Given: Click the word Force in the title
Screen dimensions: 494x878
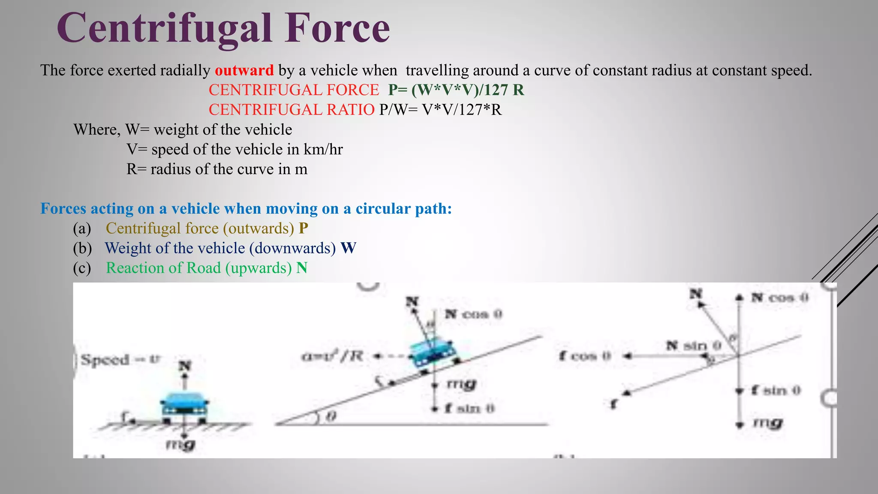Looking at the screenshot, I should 337,28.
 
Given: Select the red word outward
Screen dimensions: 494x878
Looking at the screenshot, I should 244,70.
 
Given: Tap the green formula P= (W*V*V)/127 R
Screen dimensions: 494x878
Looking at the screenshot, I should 456,90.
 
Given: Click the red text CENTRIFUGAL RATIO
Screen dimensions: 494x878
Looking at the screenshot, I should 292,110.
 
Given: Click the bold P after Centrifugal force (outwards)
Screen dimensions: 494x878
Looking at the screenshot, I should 303,228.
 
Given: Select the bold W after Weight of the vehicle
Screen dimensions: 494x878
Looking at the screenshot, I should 348,248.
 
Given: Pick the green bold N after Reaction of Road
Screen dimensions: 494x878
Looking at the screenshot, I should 302,268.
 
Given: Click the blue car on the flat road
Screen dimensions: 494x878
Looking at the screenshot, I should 184,405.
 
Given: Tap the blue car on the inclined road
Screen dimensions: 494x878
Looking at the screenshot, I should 432,352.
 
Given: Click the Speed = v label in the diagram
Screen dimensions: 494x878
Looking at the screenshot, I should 120,359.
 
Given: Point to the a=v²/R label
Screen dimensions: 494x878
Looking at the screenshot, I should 332,355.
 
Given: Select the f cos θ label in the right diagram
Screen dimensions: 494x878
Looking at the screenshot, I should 585,356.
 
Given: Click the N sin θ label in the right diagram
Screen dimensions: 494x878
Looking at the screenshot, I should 693,345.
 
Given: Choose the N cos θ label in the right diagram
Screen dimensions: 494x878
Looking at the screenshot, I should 779,298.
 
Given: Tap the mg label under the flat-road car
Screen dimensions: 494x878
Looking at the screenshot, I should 181,444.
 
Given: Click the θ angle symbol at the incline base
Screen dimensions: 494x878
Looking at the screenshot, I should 331,416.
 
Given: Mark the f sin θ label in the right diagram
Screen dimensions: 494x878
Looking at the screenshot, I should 776,390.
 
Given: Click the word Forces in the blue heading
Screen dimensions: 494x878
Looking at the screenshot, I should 63,208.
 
